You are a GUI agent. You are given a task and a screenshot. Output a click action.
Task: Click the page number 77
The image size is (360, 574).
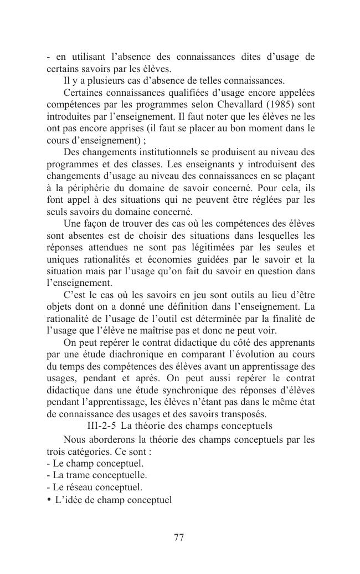pos(179,537)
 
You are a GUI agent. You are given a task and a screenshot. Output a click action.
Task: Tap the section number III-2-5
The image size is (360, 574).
pos(102,426)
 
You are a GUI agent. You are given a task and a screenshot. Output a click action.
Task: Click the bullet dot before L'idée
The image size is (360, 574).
pos(49,500)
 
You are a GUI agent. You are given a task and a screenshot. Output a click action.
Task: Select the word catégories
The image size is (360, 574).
pos(82,451)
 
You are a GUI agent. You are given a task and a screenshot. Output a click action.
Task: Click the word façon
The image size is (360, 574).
pos(95,223)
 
